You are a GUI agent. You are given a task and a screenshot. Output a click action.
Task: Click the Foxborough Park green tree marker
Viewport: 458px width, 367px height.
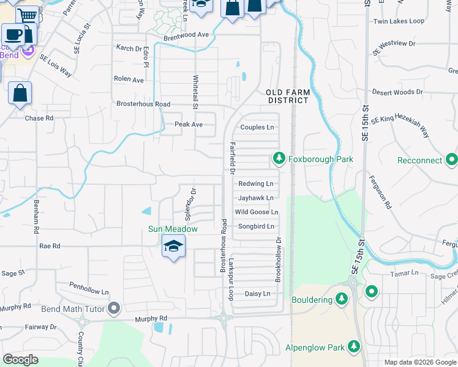point(279,159)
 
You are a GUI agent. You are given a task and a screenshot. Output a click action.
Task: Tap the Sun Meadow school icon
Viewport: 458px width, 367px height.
point(173,247)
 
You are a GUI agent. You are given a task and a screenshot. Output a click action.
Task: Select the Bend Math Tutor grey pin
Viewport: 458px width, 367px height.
point(114,309)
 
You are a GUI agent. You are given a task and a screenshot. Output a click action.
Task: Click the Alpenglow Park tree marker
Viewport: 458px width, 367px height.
point(354,347)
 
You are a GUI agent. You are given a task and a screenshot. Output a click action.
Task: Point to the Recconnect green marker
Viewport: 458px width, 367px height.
point(452,160)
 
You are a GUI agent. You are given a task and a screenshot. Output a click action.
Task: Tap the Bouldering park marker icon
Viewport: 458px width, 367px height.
point(342,300)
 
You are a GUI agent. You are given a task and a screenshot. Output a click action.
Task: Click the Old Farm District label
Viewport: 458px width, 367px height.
point(287,96)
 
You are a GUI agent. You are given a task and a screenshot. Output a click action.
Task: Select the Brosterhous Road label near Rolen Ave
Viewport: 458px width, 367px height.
point(143,104)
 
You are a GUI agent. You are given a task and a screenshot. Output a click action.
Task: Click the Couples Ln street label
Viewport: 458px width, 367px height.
point(257,127)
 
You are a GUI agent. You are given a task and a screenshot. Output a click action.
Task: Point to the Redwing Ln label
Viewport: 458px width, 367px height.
point(255,183)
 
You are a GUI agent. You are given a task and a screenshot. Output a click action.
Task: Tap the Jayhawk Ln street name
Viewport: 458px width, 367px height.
point(255,198)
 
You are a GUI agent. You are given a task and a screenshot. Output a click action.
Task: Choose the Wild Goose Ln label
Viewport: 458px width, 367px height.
point(257,212)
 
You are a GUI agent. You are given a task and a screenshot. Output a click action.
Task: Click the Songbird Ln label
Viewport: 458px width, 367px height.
point(255,226)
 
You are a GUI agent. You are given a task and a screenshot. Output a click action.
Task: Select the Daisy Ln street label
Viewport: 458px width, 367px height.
point(257,294)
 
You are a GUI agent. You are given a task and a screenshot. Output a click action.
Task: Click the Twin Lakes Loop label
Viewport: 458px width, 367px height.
point(399,21)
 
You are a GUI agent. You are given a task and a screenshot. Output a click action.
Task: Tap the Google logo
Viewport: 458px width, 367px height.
point(20,359)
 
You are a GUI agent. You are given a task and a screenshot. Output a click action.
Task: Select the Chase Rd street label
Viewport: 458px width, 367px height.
point(39,118)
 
